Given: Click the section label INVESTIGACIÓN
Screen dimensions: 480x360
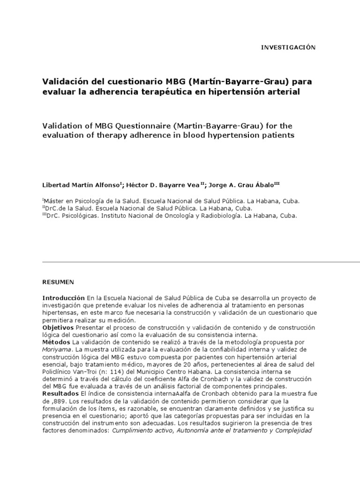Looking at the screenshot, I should coord(288,47).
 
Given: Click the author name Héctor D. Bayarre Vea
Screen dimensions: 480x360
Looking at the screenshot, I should coord(150,185).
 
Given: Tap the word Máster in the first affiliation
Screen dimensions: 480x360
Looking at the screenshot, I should coord(54,201).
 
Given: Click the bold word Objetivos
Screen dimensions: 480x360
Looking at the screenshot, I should coord(58,327).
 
